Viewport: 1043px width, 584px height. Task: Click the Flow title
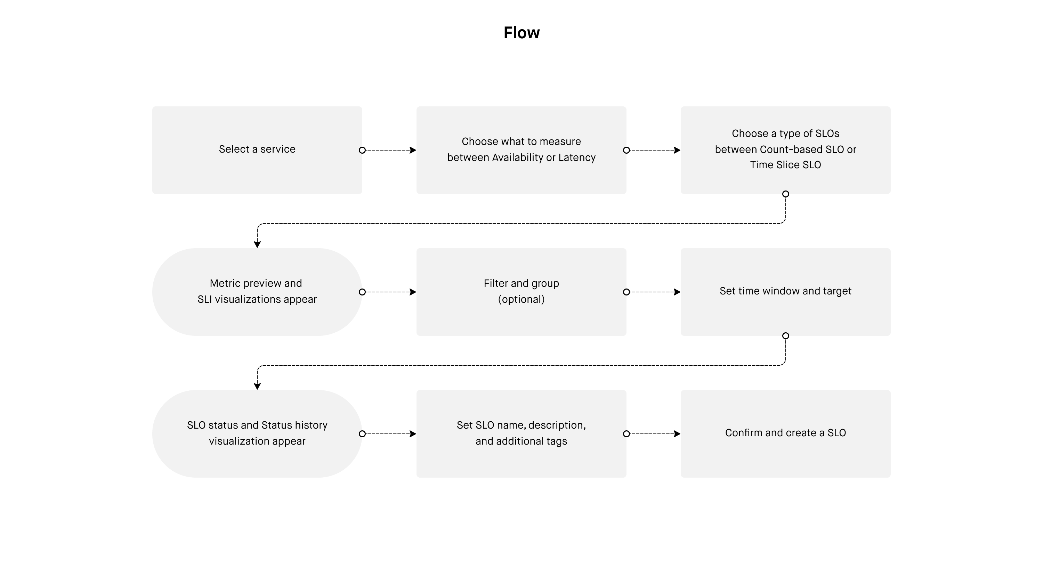coord(521,33)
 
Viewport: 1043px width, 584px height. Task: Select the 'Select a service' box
coord(257,150)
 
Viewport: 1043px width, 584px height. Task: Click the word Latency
coord(577,157)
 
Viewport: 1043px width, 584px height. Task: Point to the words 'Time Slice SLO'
coord(785,165)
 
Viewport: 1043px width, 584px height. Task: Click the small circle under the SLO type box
coord(785,194)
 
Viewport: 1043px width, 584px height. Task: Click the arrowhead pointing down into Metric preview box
coord(257,244)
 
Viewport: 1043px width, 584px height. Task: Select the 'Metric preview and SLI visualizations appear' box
coord(257,292)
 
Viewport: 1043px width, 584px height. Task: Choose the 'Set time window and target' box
coord(785,292)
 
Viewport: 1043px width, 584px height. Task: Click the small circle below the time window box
coord(785,336)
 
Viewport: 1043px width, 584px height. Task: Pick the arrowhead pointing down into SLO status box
coord(257,387)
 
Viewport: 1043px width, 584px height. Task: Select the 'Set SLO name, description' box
coord(521,434)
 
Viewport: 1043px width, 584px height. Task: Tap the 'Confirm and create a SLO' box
coord(785,434)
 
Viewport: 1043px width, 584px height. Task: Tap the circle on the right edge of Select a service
coord(362,150)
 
